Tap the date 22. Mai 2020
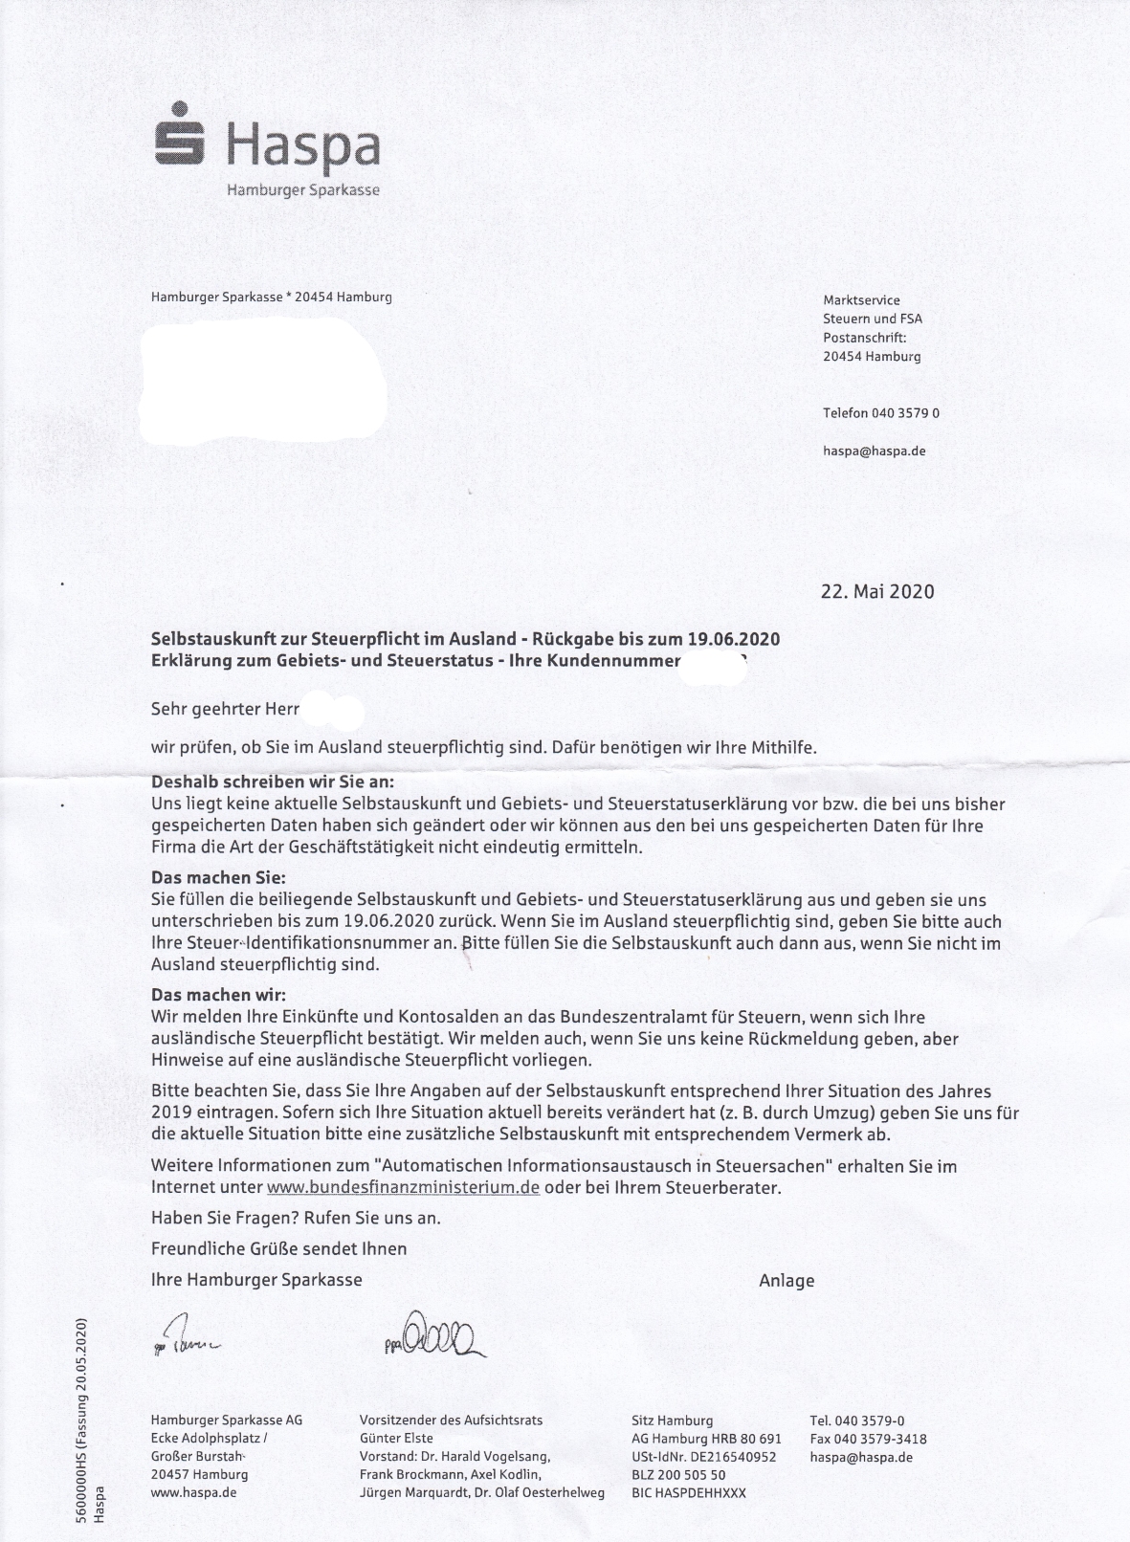877,591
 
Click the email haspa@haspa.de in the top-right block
874,451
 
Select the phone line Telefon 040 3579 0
880,413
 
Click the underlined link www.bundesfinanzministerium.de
403,1187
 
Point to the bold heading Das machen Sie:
218,878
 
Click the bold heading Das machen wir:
218,995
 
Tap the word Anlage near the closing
787,1280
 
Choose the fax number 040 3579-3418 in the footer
868,1439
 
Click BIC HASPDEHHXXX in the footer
689,1493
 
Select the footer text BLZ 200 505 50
678,1475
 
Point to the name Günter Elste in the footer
396,1439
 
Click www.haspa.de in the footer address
194,1493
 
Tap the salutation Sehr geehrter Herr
226,710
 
